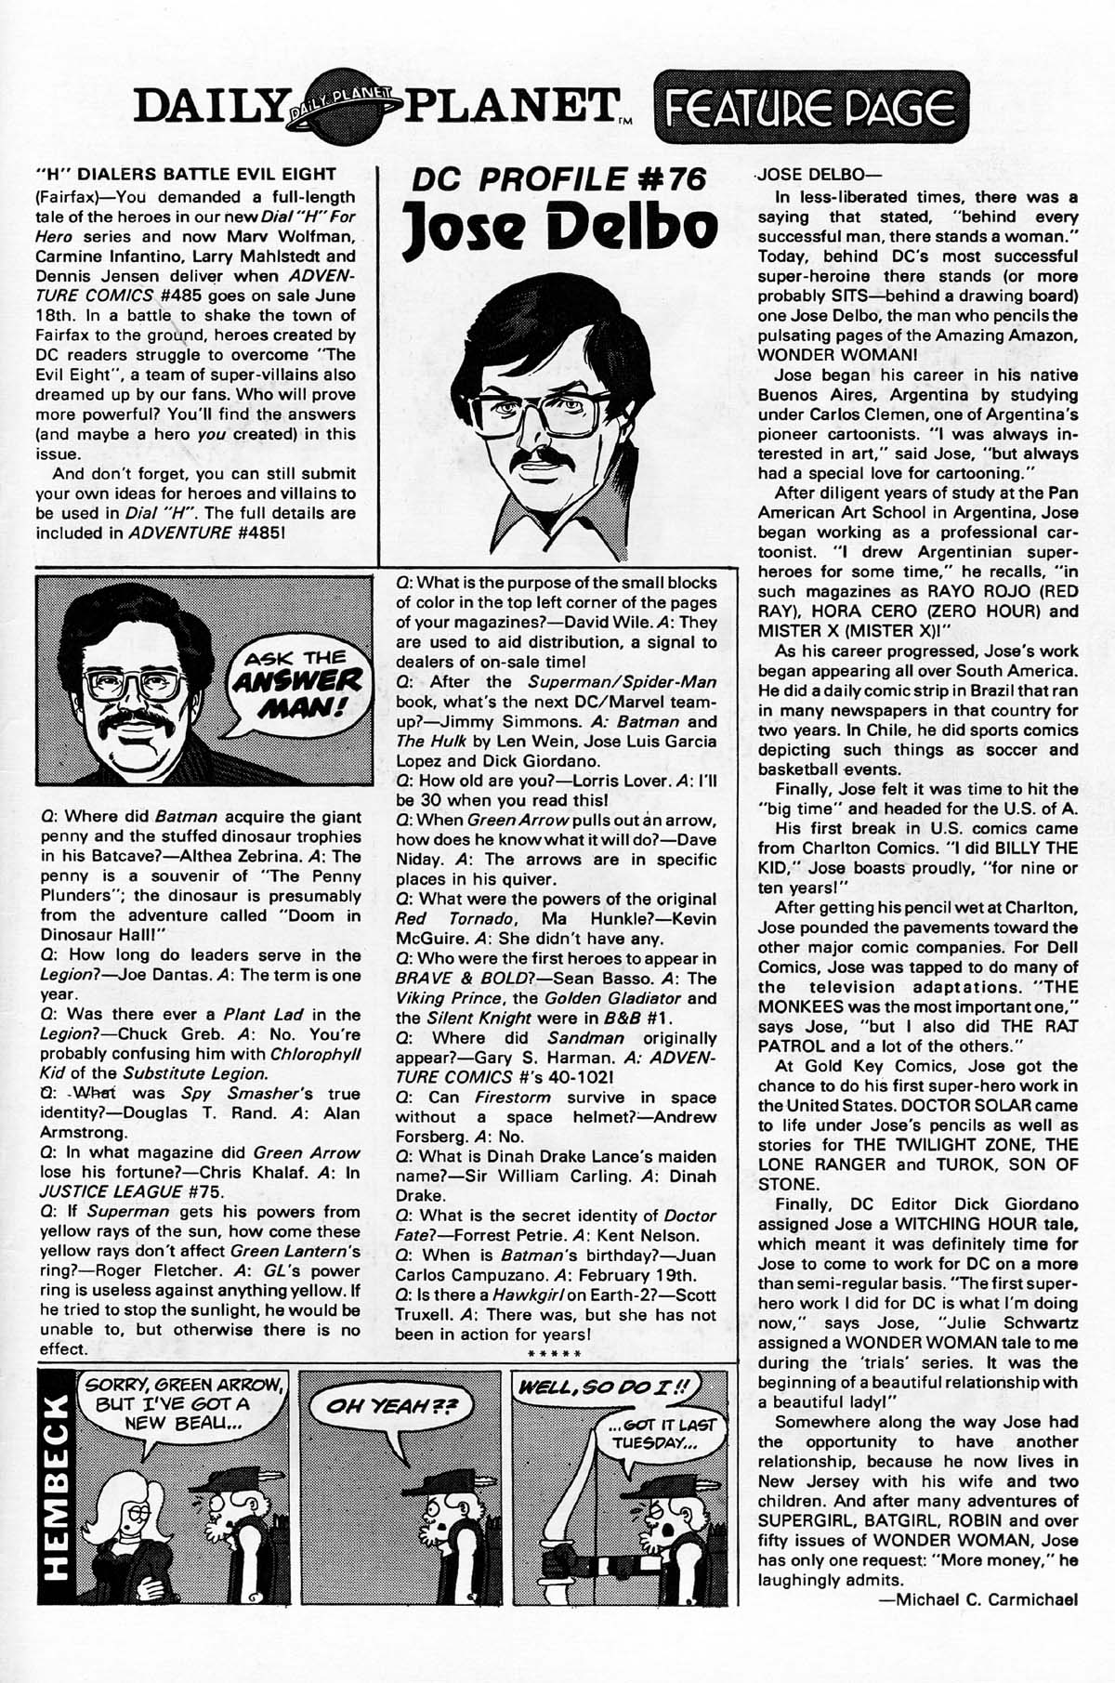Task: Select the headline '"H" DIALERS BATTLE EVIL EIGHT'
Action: pos(184,174)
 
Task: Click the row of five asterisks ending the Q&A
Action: pos(554,1354)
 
